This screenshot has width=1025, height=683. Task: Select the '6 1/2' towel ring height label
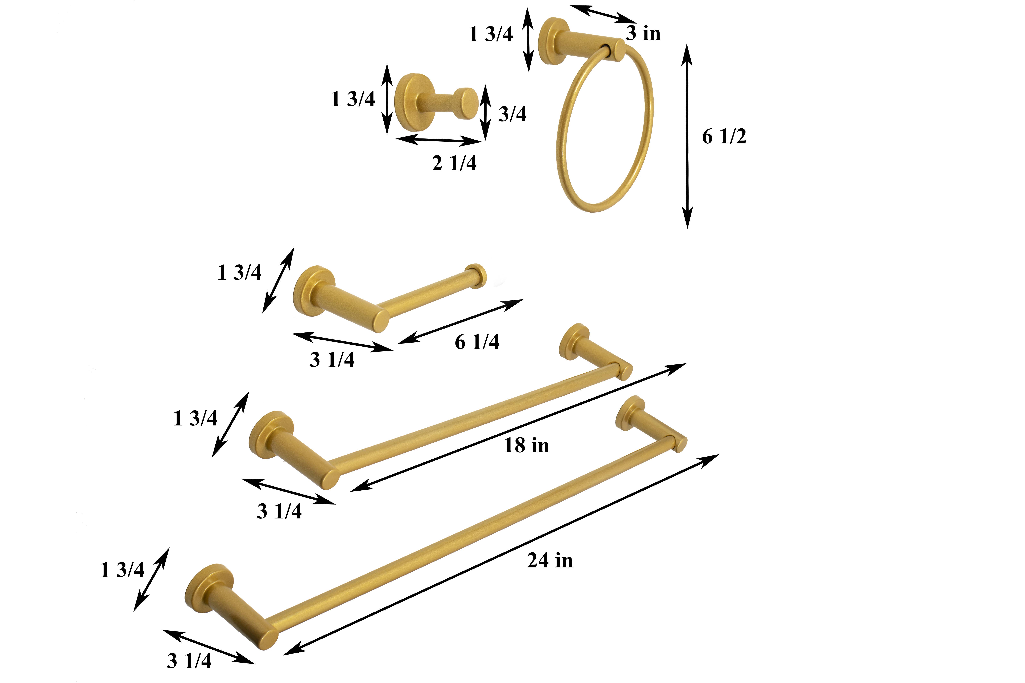pos(724,137)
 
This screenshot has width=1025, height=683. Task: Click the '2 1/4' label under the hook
pos(454,163)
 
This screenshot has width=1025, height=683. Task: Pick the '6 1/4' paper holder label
pos(477,342)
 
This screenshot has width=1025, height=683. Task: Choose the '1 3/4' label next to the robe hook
pos(353,99)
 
